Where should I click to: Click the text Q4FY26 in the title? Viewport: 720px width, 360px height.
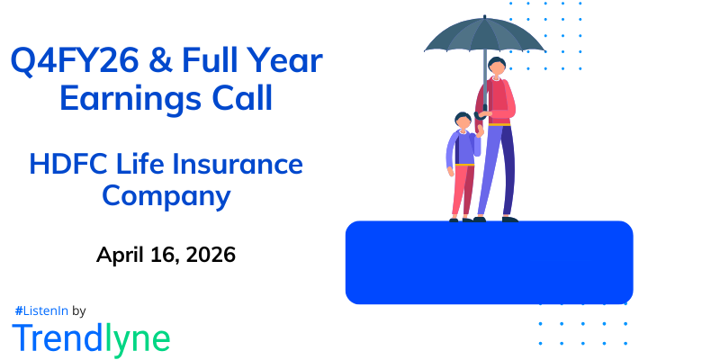tap(70, 61)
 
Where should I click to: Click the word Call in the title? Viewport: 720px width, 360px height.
tap(238, 98)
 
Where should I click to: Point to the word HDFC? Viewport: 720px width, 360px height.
tap(65, 165)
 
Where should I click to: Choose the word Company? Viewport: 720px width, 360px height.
tap(166, 195)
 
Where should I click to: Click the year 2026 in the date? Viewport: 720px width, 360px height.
tap(209, 255)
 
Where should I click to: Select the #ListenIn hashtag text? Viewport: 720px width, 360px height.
tap(41, 310)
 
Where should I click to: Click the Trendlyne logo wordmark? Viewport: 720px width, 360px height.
tap(91, 338)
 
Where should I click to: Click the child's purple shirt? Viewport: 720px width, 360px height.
tap(462, 148)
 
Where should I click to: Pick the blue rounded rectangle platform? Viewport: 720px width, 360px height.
tap(489, 262)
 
